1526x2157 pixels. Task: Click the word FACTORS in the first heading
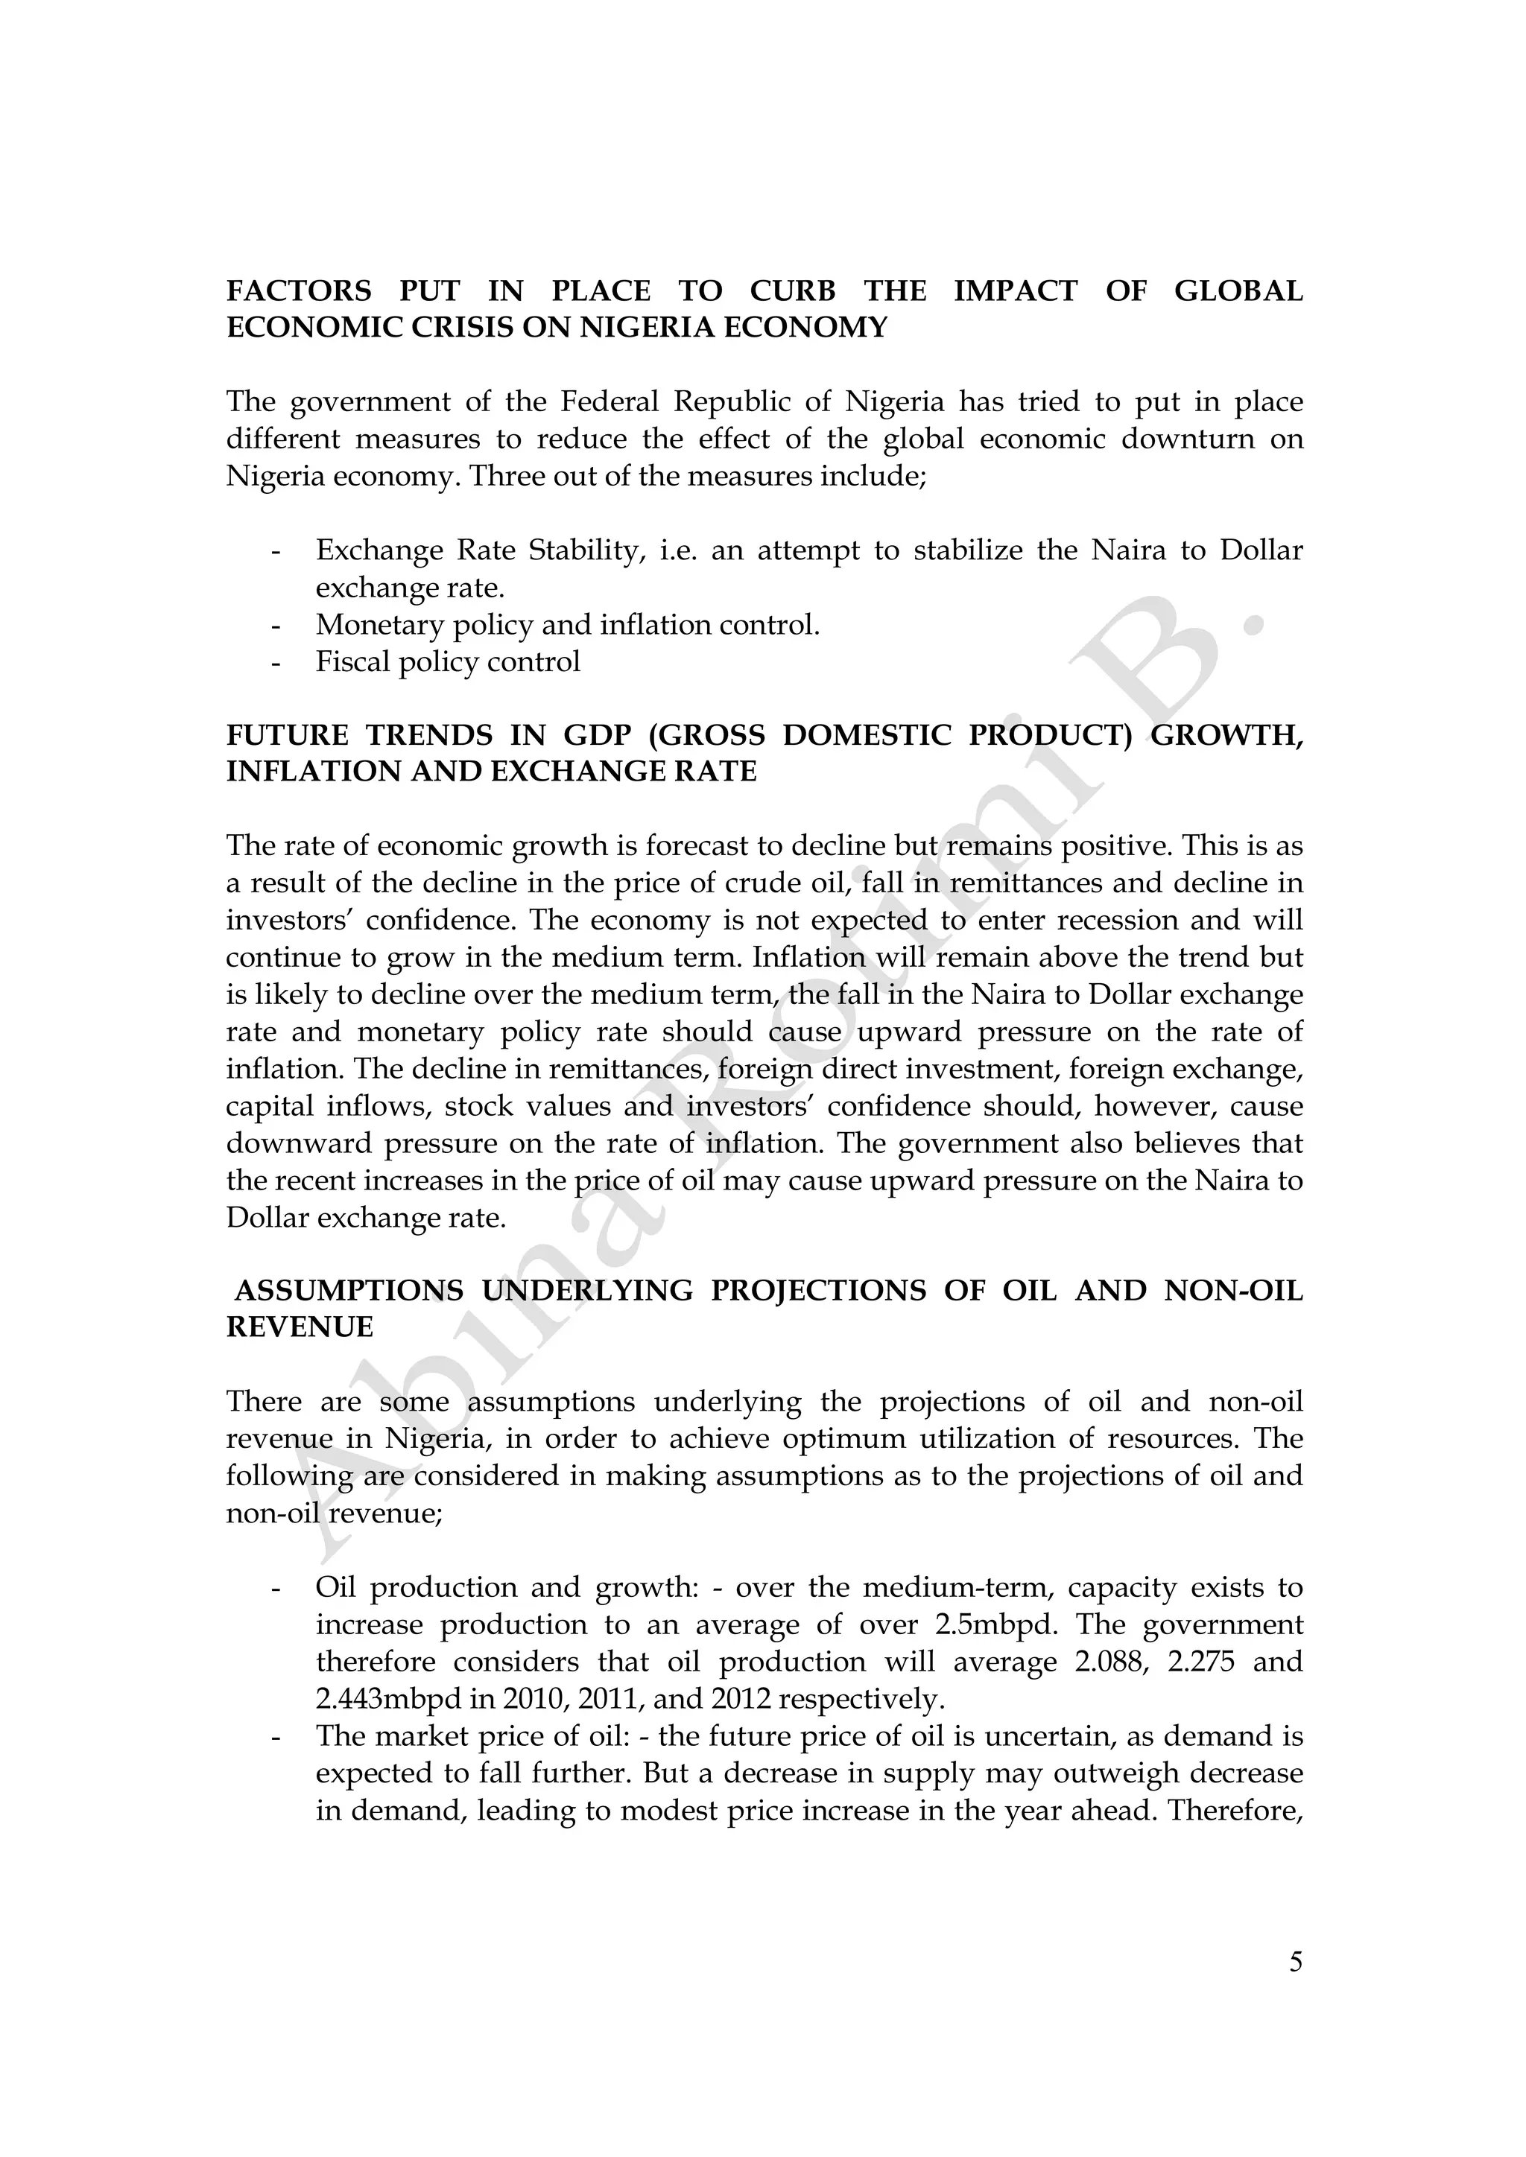coord(299,291)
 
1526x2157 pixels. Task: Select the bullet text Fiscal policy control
coord(447,661)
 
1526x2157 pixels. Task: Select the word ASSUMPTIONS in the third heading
coord(349,1291)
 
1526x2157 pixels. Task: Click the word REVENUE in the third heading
coord(300,1327)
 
